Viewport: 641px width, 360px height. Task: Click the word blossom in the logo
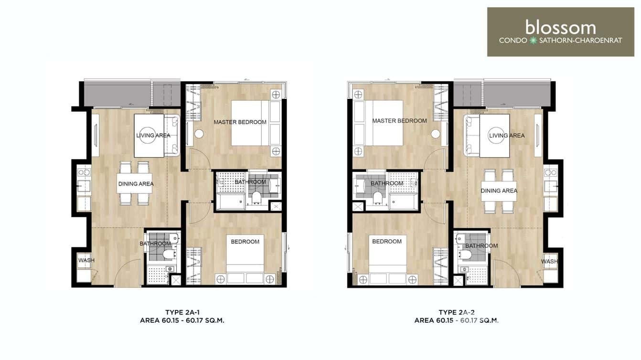coord(560,27)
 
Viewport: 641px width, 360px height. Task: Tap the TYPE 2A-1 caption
coord(182,312)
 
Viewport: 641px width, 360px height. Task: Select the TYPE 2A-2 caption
coord(456,312)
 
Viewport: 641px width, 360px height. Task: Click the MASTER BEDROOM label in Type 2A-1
coord(240,122)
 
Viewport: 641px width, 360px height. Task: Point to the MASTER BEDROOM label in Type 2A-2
coord(399,121)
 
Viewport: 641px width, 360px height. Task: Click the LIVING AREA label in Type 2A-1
coord(153,136)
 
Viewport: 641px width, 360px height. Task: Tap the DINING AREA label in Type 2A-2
coord(499,191)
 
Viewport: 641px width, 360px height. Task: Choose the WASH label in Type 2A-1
coord(86,261)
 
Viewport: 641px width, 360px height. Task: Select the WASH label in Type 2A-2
coord(549,262)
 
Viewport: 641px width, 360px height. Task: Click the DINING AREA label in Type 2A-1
coord(136,184)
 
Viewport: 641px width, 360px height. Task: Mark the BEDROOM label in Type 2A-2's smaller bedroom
coord(386,242)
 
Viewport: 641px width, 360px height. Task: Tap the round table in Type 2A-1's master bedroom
coord(199,134)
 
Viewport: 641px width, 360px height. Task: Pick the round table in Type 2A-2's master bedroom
coord(435,134)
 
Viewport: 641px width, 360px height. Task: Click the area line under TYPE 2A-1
coord(182,321)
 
